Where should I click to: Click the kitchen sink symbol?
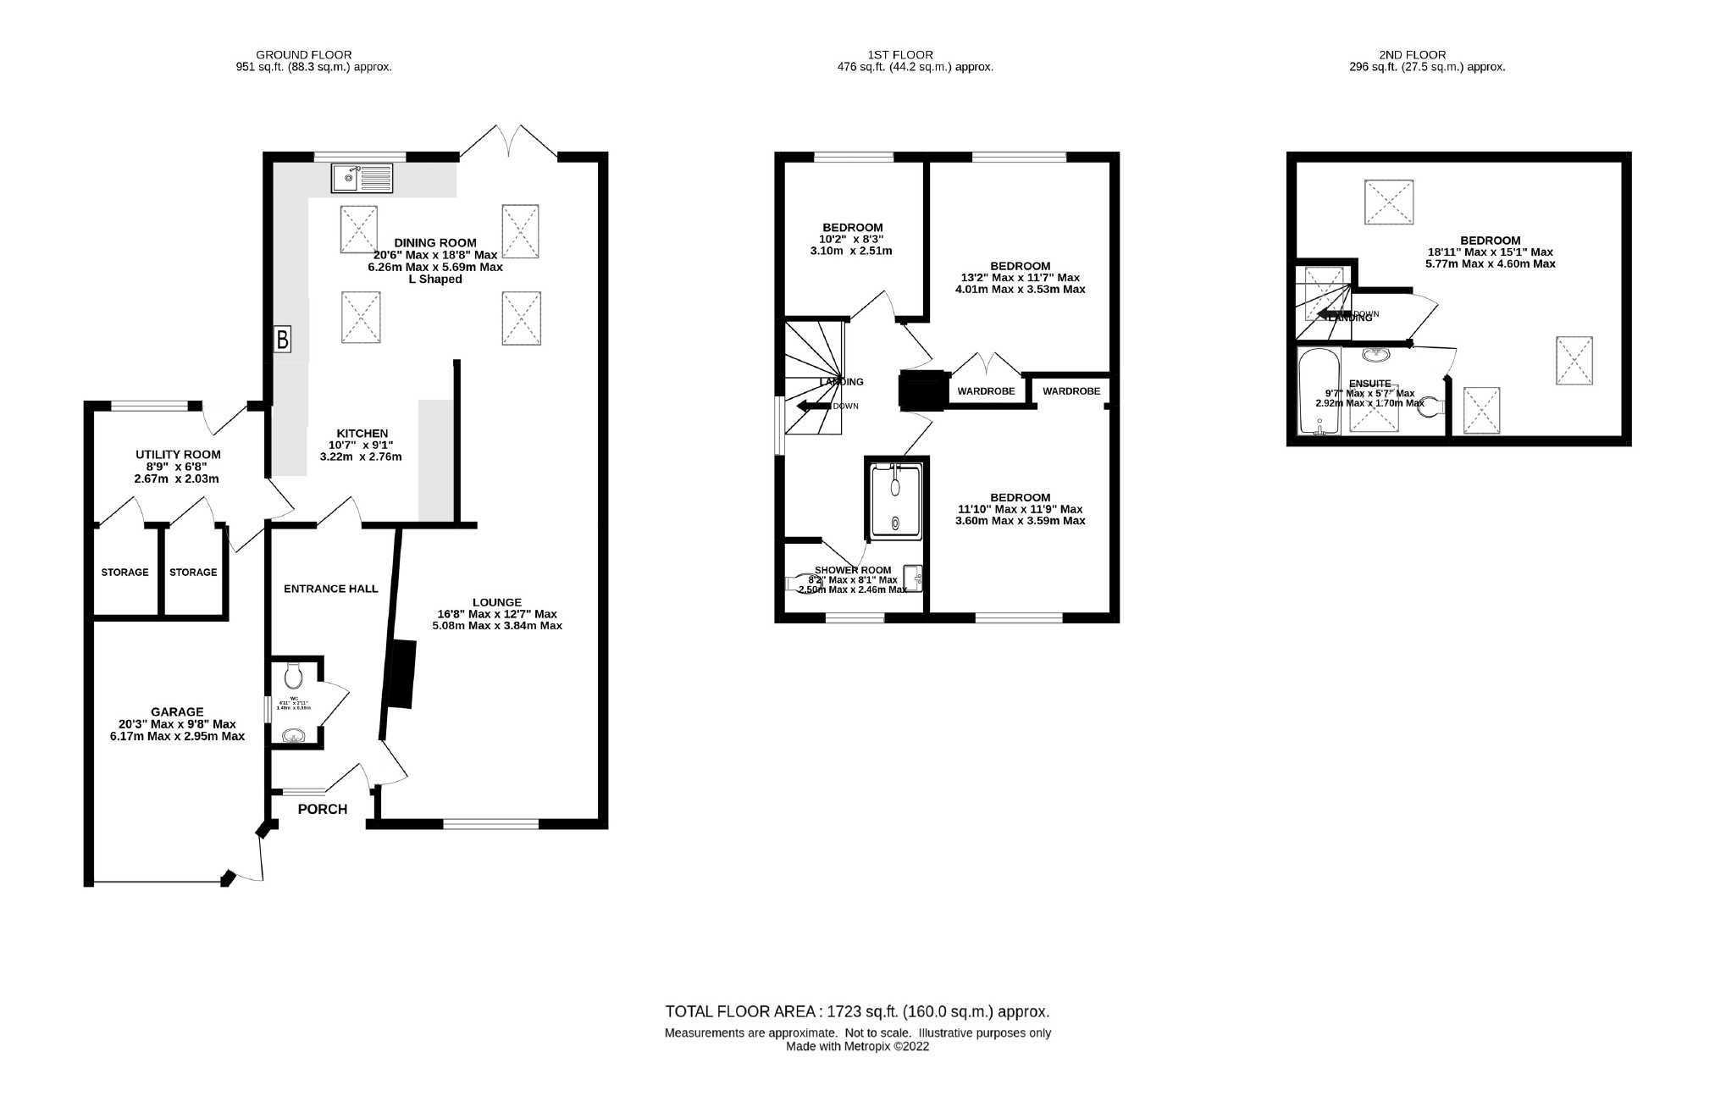[362, 179]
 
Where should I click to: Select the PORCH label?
[322, 809]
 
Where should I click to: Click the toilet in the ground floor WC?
[294, 675]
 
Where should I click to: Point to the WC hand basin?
[294, 736]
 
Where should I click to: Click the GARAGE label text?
[177, 711]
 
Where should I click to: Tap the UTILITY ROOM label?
[177, 455]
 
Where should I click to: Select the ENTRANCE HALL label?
[330, 589]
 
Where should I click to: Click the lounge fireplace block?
[401, 674]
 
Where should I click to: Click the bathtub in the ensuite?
[1319, 391]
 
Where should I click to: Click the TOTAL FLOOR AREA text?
[857, 1011]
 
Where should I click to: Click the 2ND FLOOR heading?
[1427, 55]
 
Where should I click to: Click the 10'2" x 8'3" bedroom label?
[852, 239]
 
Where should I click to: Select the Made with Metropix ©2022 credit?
[857, 1046]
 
